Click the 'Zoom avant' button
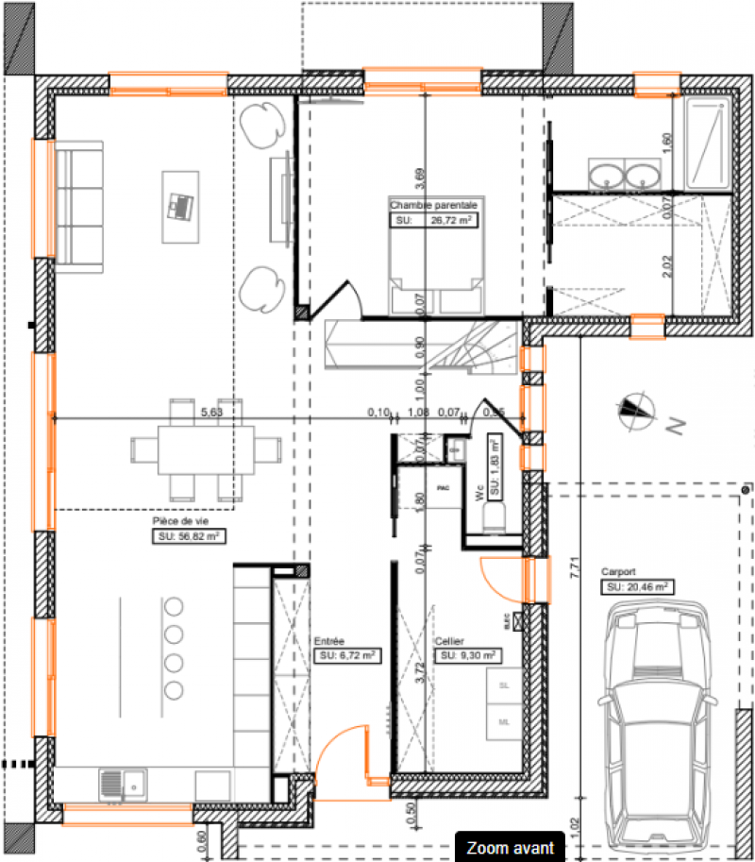510,848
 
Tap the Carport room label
618,572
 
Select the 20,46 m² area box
637,586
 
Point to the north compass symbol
636,410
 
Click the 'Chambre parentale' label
433,204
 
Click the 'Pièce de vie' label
176,520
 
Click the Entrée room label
330,640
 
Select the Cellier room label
449,640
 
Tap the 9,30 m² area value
466,654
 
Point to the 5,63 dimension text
211,412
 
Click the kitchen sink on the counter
123,783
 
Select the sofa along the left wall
79,204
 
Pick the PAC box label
443,487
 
